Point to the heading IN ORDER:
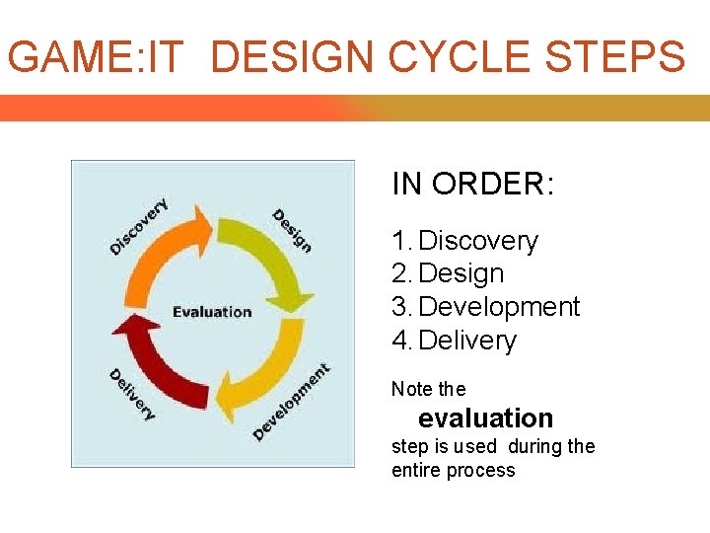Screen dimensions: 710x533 click(473, 184)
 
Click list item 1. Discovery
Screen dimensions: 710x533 click(465, 241)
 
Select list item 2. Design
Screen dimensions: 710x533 click(448, 273)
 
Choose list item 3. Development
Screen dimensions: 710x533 click(486, 307)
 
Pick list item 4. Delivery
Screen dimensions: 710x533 click(455, 341)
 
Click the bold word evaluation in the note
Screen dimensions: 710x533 click(485, 418)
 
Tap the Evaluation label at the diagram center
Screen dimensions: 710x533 click(212, 312)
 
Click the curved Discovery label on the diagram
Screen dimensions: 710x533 click(138, 228)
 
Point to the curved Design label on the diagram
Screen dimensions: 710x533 click(293, 230)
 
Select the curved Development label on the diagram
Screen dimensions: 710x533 click(292, 402)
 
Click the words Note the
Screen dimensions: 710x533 click(428, 389)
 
